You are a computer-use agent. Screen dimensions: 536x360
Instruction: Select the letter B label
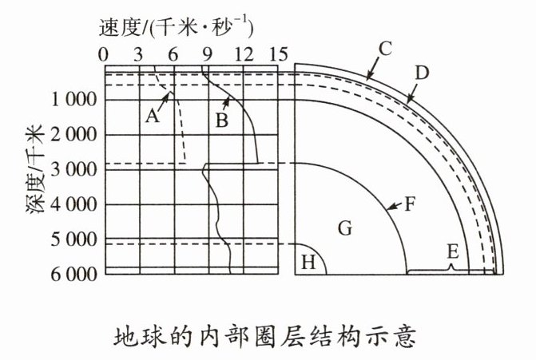click(x=222, y=121)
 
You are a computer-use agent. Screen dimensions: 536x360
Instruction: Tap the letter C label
click(x=384, y=49)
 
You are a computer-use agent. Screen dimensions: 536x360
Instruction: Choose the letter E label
click(x=452, y=251)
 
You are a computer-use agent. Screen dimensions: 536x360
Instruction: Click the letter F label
click(x=410, y=204)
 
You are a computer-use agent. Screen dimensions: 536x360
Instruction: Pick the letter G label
click(x=344, y=229)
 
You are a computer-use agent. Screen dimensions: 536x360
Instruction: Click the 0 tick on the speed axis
click(x=105, y=54)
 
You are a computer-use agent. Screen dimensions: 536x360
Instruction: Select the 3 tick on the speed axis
click(x=140, y=54)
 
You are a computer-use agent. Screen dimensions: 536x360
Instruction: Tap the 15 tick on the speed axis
click(x=278, y=54)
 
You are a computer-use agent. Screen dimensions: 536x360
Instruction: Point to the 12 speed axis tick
click(x=244, y=54)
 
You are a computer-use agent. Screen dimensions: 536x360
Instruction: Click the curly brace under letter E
click(x=452, y=270)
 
